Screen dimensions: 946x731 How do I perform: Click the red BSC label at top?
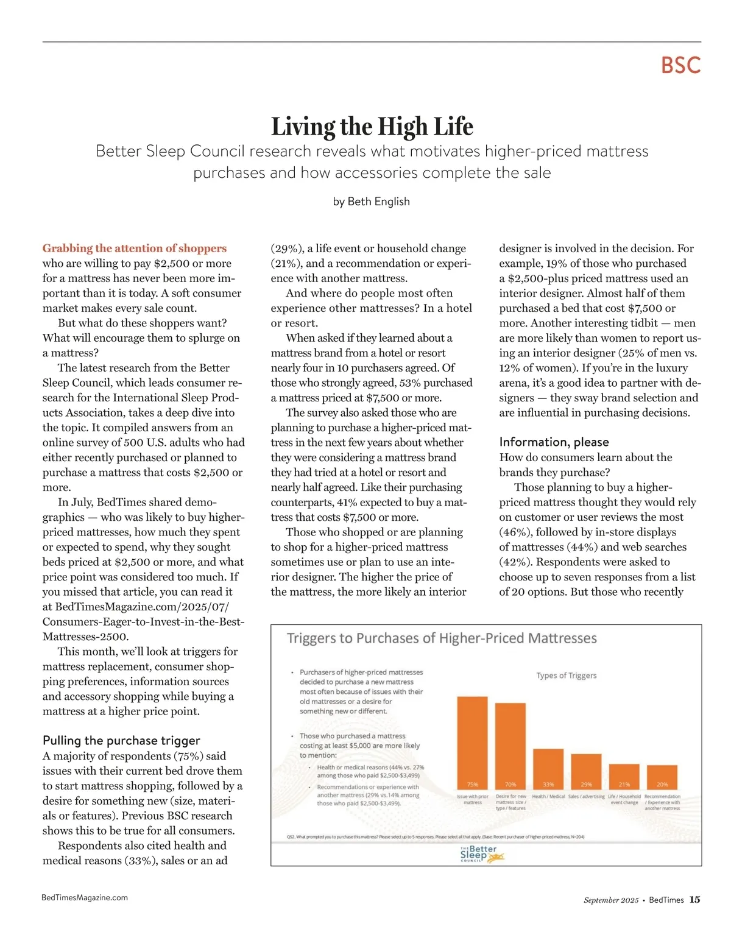click(680, 66)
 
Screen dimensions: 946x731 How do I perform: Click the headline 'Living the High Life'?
click(372, 127)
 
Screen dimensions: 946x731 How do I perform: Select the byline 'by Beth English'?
click(371, 202)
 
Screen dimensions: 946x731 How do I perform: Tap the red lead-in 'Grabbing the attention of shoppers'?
click(135, 249)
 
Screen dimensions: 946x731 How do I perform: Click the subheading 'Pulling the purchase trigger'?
click(121, 741)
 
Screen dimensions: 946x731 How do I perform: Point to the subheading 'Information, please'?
click(554, 442)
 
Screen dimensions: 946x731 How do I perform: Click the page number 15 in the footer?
click(694, 900)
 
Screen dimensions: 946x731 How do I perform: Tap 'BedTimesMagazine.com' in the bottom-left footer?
click(85, 897)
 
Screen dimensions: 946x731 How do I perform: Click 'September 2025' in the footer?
click(611, 900)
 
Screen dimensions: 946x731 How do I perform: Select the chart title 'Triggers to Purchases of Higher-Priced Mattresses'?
click(442, 638)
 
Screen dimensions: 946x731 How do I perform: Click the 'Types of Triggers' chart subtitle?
click(566, 676)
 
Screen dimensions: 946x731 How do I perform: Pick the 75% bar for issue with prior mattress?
click(472, 743)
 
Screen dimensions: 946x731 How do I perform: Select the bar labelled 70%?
click(510, 746)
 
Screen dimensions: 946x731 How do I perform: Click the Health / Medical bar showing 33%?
click(548, 769)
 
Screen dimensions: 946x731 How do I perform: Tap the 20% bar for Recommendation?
click(662, 777)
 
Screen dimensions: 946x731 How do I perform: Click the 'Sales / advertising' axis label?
click(586, 796)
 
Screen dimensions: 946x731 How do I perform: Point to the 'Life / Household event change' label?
click(624, 799)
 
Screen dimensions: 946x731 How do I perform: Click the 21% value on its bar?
click(624, 785)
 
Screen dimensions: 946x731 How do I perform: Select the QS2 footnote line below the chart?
click(435, 837)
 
